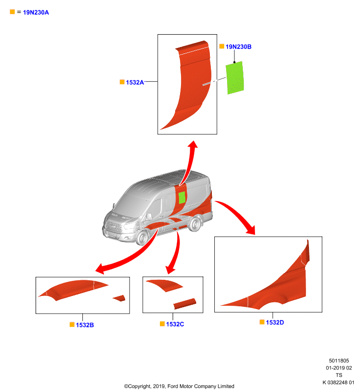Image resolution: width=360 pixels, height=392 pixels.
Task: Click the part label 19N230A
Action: [x=36, y=13]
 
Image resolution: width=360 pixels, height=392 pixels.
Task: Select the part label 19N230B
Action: [x=238, y=47]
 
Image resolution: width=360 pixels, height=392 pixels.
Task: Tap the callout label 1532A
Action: [x=135, y=82]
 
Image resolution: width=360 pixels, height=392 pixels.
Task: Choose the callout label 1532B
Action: [x=85, y=325]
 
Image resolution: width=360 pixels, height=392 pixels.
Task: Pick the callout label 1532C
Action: [x=175, y=324]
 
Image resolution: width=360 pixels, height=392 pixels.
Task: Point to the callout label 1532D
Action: [x=275, y=322]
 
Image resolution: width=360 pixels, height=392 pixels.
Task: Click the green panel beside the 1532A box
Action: [x=235, y=78]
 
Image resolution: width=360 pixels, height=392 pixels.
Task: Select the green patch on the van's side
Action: [x=182, y=197]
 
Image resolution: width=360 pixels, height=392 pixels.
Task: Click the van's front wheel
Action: [x=142, y=238]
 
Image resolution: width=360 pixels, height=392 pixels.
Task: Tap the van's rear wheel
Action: [x=195, y=224]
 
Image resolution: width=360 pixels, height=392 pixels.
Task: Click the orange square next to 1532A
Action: [x=122, y=82]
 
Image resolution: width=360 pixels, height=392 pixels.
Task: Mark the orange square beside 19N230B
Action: [x=222, y=46]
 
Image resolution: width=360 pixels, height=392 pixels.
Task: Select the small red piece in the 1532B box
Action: [x=120, y=298]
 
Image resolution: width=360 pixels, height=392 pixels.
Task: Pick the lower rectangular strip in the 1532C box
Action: [x=184, y=304]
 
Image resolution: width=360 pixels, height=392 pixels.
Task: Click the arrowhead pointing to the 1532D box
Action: [x=251, y=230]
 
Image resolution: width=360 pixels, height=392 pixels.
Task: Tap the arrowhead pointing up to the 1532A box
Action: [x=193, y=145]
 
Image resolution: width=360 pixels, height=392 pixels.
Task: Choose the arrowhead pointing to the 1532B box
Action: [x=100, y=269]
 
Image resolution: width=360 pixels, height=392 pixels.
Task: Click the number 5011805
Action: [x=339, y=361]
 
